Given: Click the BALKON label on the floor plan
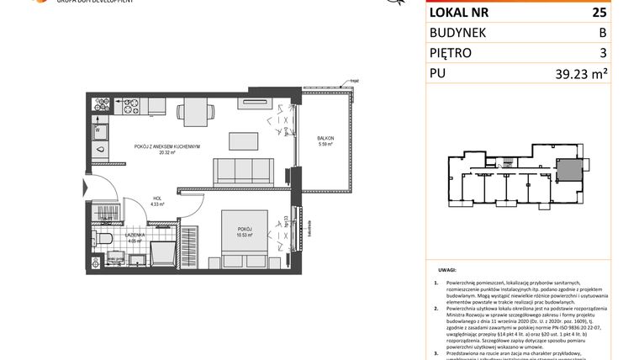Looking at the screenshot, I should coord(325,137).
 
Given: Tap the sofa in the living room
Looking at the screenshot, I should coord(242,172).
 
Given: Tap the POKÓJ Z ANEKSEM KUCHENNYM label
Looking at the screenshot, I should coord(166,146).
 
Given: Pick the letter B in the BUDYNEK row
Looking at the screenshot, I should coord(601,33).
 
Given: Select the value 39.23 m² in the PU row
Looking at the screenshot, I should coord(581,73).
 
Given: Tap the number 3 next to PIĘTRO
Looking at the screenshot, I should coord(602,53).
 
